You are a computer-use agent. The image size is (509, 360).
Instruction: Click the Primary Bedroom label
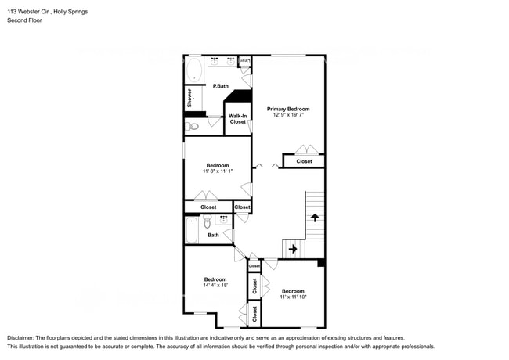(x=287, y=109)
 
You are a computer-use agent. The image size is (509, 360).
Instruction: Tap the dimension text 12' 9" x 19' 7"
(x=287, y=115)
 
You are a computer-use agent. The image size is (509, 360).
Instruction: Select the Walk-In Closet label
(x=237, y=118)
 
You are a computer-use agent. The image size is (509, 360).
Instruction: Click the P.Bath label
(x=220, y=86)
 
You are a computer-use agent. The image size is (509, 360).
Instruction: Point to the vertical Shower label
(x=189, y=98)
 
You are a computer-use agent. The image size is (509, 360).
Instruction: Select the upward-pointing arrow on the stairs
(x=314, y=217)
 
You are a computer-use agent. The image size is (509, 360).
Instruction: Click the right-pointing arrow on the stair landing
(x=293, y=249)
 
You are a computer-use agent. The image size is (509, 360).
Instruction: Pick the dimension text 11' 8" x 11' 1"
(x=217, y=171)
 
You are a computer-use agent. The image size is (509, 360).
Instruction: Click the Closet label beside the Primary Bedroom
(x=304, y=161)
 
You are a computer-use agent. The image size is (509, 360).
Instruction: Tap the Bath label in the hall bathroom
(x=213, y=235)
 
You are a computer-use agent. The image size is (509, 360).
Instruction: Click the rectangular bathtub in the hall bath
(x=192, y=230)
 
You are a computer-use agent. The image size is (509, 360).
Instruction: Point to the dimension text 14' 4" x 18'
(x=215, y=286)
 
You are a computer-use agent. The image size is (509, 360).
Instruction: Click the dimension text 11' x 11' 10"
(x=293, y=297)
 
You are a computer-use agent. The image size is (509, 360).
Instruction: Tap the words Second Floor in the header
(x=24, y=21)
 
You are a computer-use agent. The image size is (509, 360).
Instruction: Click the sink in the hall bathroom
(x=225, y=221)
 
